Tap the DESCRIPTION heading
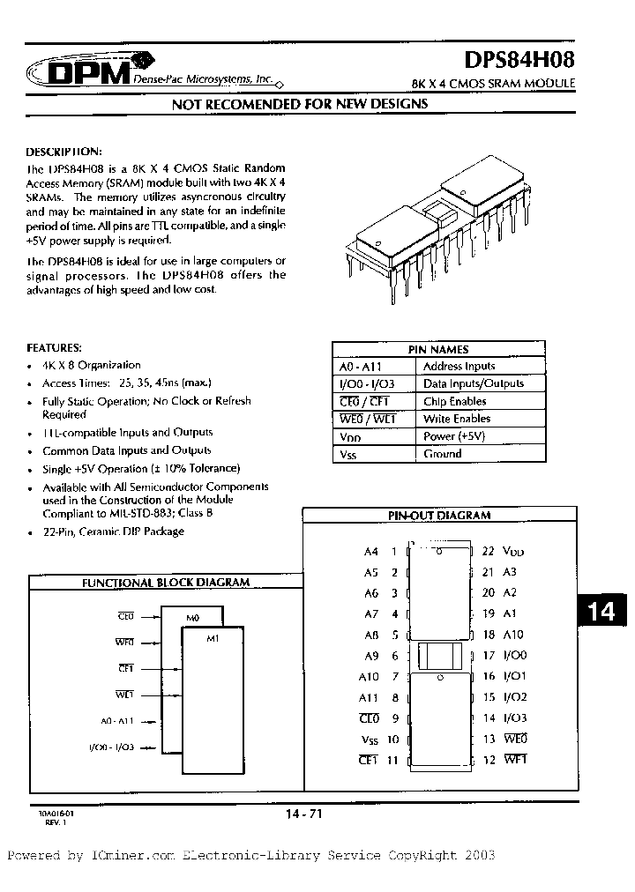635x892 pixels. (64, 151)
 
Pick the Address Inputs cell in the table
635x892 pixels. (459, 366)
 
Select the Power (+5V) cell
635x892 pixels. (453, 436)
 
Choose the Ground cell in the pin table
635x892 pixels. (442, 454)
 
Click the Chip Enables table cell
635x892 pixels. (456, 401)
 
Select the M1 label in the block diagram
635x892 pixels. (212, 638)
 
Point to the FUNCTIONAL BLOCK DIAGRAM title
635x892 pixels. (166, 583)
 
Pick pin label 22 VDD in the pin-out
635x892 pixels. (502, 551)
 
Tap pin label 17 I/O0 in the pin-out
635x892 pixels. (503, 656)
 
